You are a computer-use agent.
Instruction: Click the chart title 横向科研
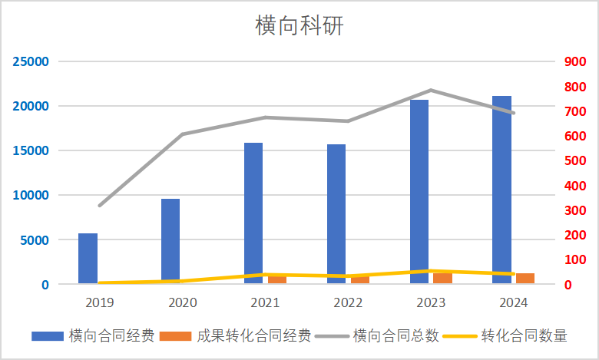(x=299, y=26)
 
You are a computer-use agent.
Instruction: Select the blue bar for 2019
(x=88, y=259)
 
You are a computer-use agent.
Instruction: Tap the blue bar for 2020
(x=170, y=241)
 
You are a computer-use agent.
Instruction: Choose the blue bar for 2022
(x=336, y=214)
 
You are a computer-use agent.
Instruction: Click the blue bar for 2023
(x=419, y=192)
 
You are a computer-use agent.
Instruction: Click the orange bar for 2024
(x=525, y=279)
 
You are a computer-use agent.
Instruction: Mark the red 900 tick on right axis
(x=575, y=61)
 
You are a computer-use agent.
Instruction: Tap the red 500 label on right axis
(x=575, y=160)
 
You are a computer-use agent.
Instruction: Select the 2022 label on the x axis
(x=347, y=302)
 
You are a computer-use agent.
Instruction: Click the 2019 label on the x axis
(x=99, y=302)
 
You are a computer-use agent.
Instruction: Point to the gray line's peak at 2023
(x=431, y=91)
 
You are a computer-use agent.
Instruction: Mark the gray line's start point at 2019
(x=99, y=206)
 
